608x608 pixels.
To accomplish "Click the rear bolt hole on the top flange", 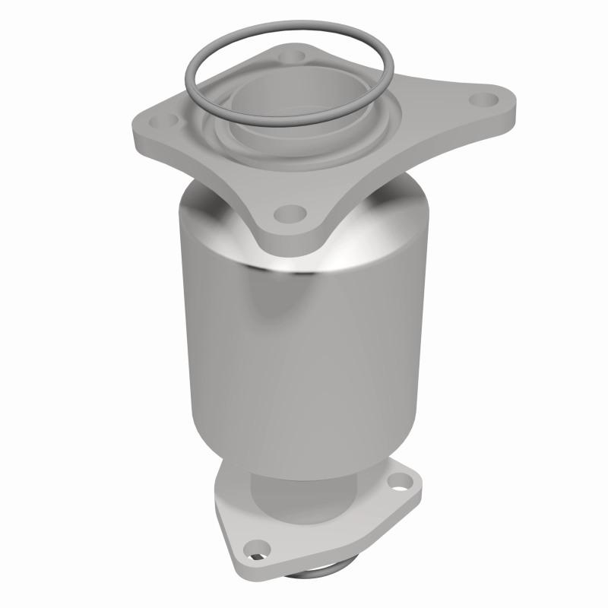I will tap(290, 55).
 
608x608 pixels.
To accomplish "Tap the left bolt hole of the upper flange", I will tap(169, 119).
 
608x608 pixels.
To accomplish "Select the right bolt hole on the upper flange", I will tap(480, 99).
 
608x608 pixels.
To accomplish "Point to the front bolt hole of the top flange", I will tap(286, 214).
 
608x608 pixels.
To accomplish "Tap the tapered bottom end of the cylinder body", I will tap(304, 456).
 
